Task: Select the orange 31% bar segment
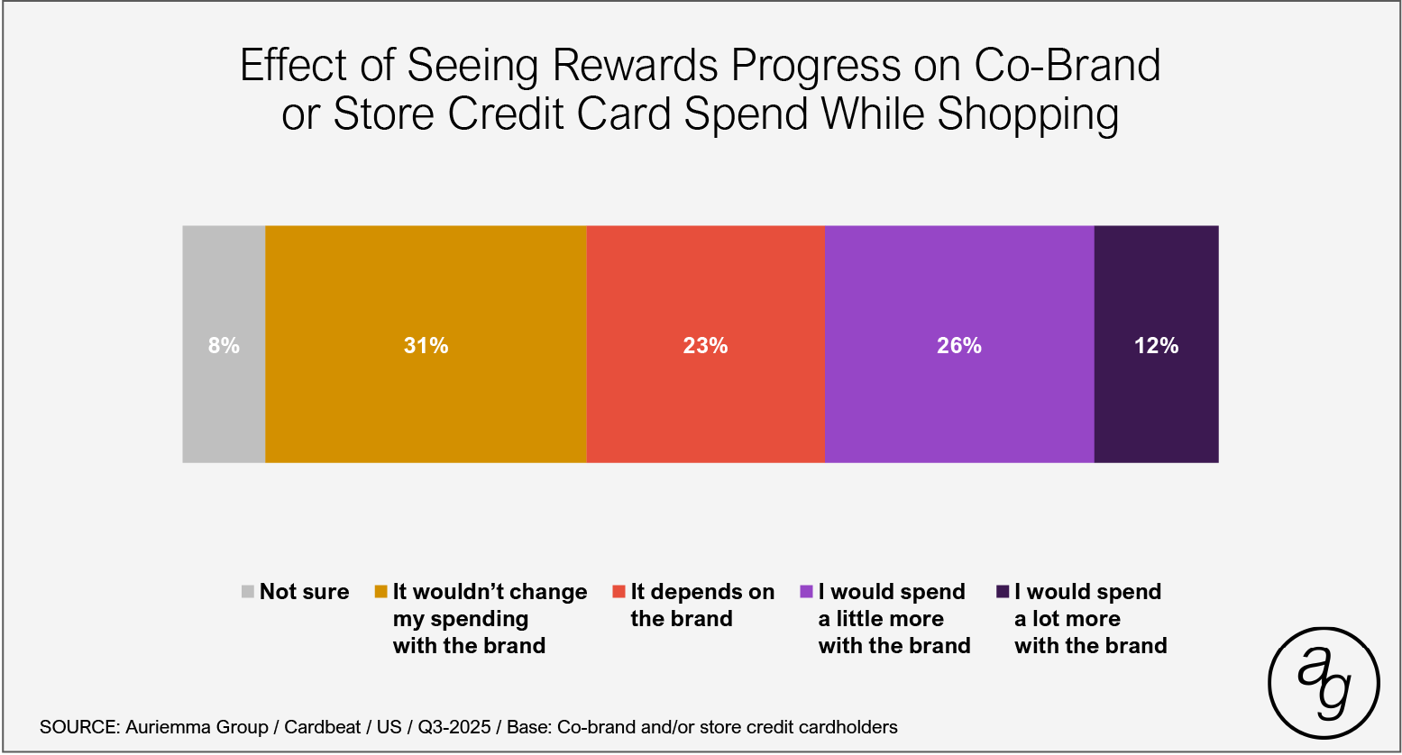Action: point(426,405)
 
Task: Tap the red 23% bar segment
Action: point(705,405)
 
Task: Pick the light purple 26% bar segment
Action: point(958,405)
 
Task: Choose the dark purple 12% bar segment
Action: point(1156,405)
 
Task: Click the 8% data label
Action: point(224,346)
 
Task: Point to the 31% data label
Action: point(426,346)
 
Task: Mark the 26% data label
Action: point(958,346)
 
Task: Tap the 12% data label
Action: point(1157,346)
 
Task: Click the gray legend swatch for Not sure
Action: point(247,592)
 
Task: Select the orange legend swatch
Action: point(380,592)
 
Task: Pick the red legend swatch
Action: point(619,592)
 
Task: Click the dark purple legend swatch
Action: point(1002,592)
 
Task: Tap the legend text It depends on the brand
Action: point(701,605)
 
